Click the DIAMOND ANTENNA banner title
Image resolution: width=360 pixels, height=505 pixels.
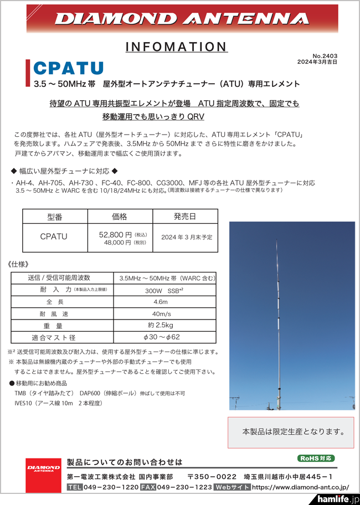(x=182, y=19)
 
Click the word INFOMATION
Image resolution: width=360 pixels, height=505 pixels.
(x=176, y=47)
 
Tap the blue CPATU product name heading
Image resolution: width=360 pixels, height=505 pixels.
(x=69, y=68)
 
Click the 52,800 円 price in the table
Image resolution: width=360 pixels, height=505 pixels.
(x=115, y=234)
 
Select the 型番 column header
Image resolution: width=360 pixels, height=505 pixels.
(x=55, y=217)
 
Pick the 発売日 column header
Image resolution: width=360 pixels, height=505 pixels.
(x=184, y=217)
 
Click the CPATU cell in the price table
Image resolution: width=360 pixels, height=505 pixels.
(x=54, y=236)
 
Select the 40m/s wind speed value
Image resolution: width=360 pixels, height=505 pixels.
(x=161, y=313)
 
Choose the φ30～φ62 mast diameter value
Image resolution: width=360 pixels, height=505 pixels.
(x=161, y=337)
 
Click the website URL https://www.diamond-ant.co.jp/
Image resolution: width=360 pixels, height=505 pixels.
(x=300, y=487)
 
